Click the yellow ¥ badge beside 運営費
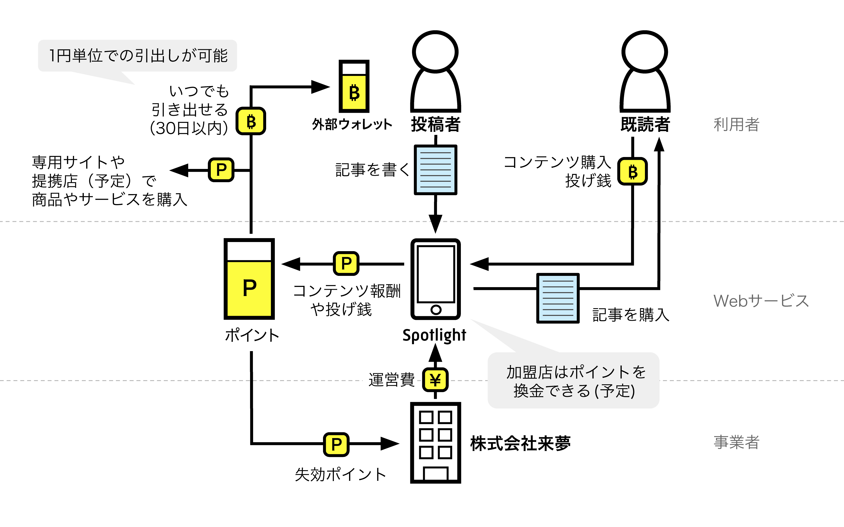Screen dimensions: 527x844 (x=435, y=380)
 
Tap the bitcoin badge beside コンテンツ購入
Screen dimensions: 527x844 (x=633, y=172)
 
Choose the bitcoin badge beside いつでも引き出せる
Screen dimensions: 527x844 (x=251, y=121)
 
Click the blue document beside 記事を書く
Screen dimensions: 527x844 (x=435, y=170)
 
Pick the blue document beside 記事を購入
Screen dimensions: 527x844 (x=558, y=298)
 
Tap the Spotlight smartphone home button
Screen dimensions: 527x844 (x=436, y=309)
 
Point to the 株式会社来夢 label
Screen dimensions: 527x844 (x=520, y=444)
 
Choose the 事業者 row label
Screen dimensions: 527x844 (x=737, y=442)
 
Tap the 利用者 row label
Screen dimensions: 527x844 (x=737, y=124)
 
